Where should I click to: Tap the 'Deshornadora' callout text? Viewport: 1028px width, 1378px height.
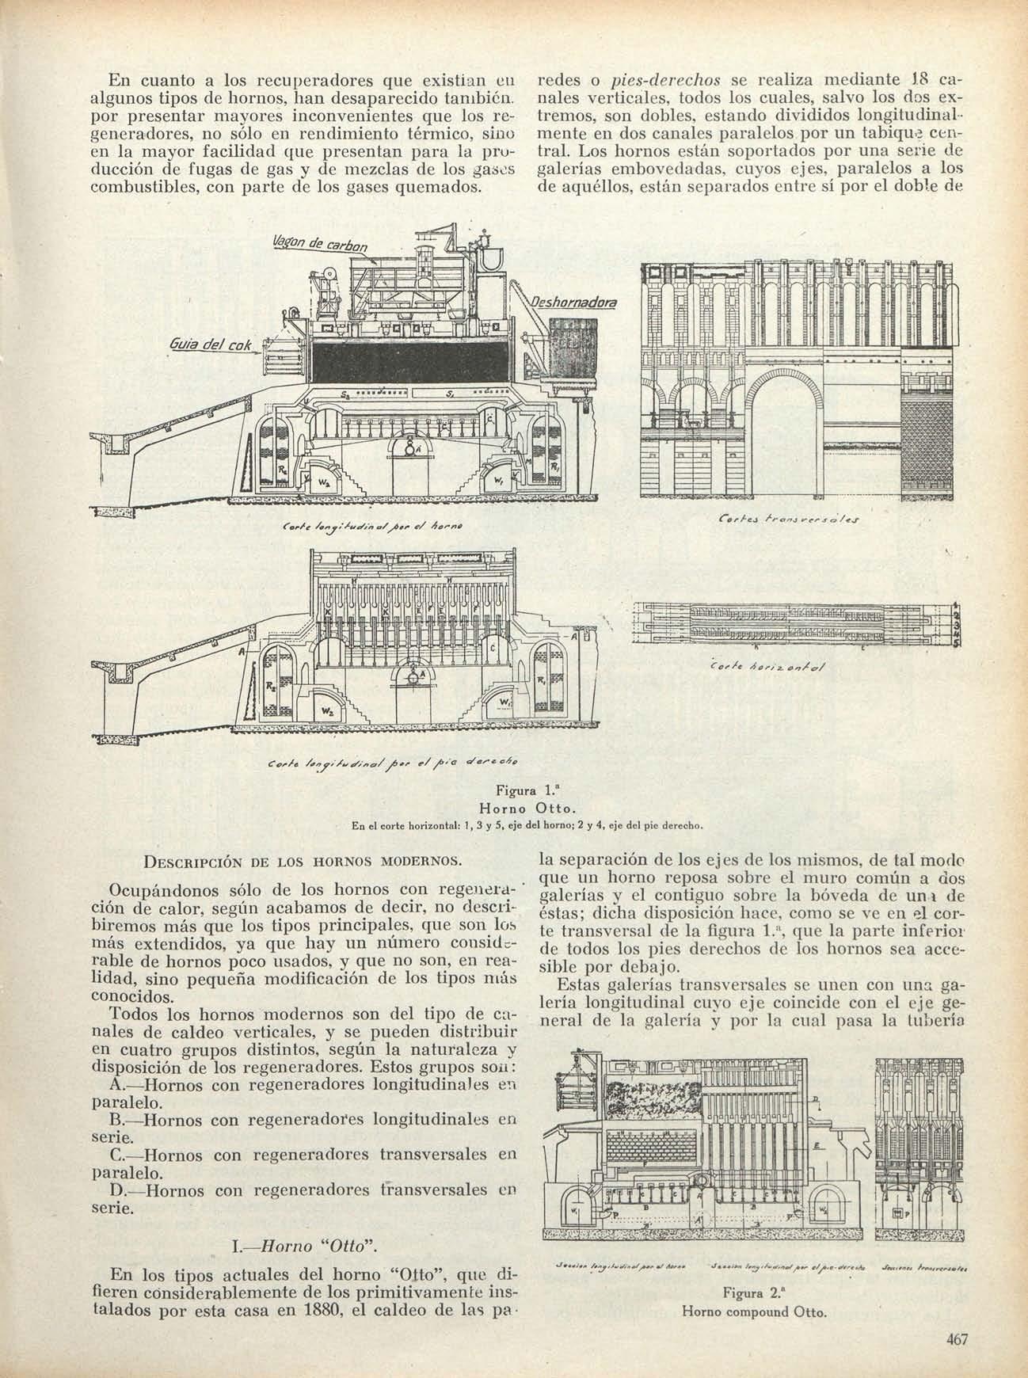pos(575,303)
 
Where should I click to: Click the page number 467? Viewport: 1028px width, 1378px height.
pos(958,1340)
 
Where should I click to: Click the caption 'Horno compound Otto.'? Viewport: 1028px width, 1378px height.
pos(743,1311)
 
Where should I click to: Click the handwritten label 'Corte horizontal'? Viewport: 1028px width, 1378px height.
pos(768,667)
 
